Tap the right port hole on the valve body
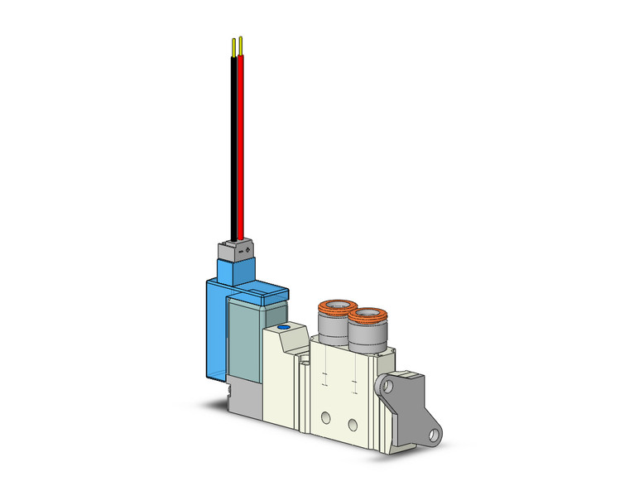[x=353, y=425]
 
